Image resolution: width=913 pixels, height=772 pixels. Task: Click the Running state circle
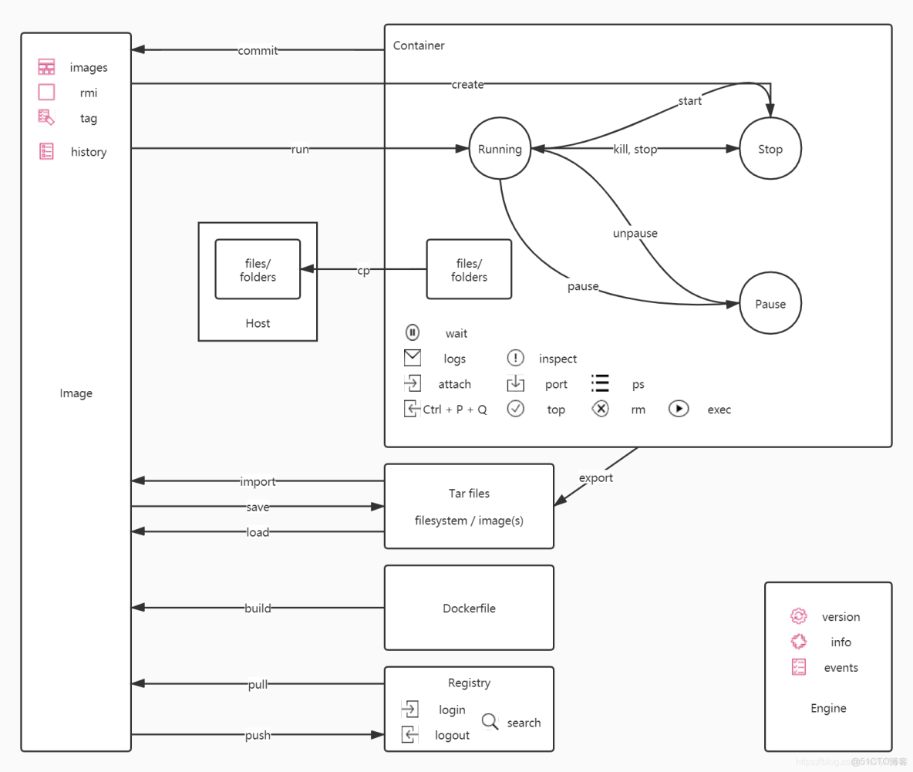(500, 150)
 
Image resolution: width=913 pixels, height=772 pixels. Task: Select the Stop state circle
(770, 150)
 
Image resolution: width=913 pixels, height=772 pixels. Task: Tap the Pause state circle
(770, 304)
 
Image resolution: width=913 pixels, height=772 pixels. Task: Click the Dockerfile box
(469, 608)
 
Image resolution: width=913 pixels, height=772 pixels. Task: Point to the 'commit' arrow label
(258, 51)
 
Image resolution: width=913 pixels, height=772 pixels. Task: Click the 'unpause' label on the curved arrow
(635, 233)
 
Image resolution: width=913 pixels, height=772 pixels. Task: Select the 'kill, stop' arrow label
(635, 150)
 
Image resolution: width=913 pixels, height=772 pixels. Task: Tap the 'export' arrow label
(595, 478)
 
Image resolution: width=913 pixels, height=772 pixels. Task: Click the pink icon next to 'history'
(46, 151)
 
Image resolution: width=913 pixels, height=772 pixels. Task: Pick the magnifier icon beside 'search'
(490, 722)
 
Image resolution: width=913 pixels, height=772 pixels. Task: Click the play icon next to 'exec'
(679, 409)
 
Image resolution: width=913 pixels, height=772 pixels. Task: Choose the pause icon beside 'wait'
(413, 333)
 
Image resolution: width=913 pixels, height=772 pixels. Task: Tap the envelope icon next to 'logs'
(413, 358)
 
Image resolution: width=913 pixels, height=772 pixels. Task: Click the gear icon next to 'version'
(799, 616)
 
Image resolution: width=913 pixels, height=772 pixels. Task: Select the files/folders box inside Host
(258, 269)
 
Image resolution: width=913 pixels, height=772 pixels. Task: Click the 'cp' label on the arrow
(363, 271)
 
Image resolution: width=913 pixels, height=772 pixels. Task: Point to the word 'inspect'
(558, 359)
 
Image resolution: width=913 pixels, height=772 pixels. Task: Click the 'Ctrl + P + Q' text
(455, 410)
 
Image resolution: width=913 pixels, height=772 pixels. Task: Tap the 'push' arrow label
(258, 735)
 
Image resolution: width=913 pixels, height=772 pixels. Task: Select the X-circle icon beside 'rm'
(600, 409)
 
